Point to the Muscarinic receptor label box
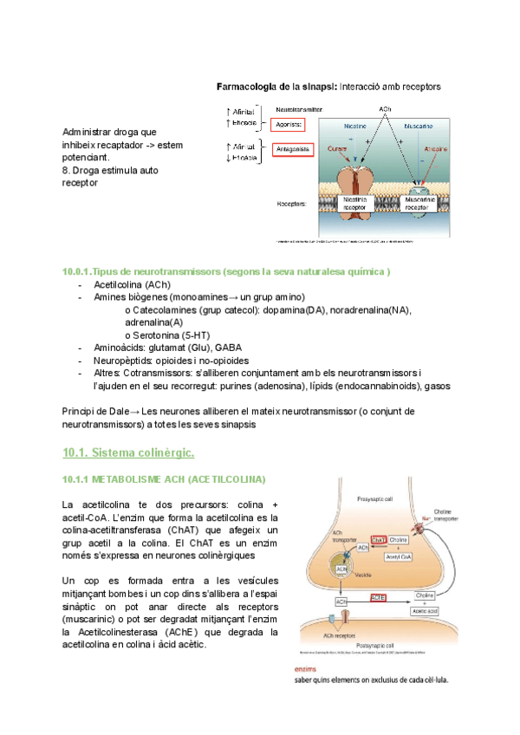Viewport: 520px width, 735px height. [419, 204]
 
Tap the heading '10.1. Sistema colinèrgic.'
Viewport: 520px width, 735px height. [128, 452]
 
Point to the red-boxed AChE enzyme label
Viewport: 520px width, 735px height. [378, 597]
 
